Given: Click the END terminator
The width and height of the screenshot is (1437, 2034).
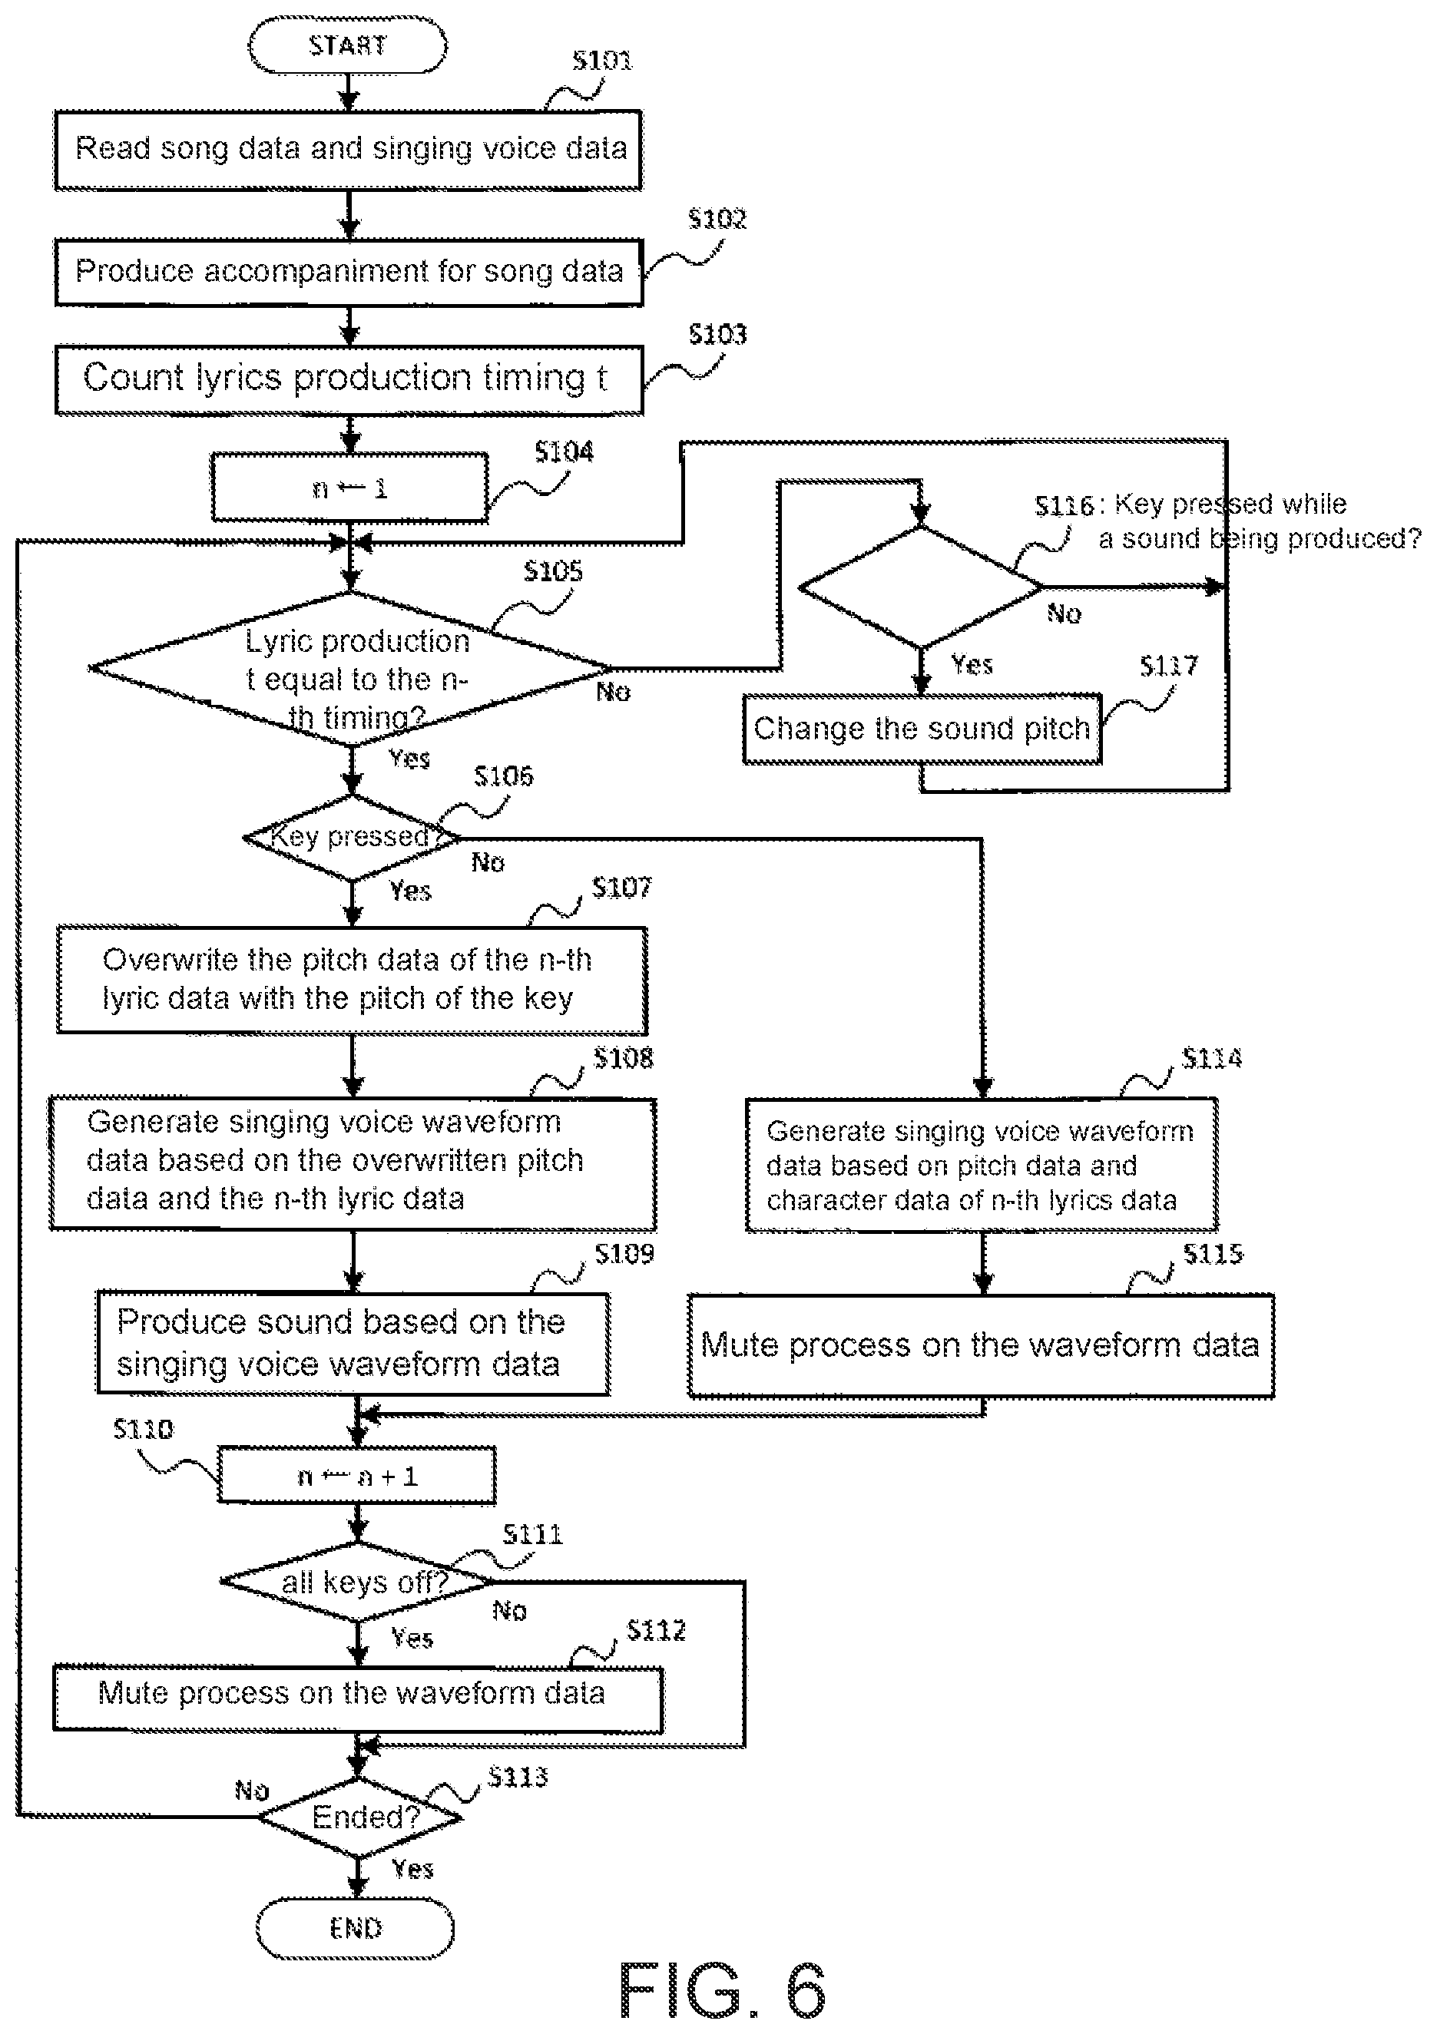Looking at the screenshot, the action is (x=356, y=1928).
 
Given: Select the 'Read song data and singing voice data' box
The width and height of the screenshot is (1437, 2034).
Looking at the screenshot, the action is (x=348, y=150).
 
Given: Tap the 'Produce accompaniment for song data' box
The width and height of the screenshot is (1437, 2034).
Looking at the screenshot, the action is (x=349, y=272).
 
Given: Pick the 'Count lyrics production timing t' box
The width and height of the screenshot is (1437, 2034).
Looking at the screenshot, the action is (x=349, y=380).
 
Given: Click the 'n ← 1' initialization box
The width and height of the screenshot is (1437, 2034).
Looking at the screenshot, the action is (x=350, y=488).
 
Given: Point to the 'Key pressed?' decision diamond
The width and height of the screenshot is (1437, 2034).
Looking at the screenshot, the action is (x=353, y=837).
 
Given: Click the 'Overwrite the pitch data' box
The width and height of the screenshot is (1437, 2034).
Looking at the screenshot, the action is (x=352, y=980).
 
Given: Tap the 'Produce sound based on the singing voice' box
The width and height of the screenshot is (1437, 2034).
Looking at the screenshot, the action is (x=353, y=1343).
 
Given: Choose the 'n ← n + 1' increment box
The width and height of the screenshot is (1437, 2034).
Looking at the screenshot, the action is (x=357, y=1476).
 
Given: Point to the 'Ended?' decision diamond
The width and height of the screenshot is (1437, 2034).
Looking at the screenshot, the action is (x=359, y=1817).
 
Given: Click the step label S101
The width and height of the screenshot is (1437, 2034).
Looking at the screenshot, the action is (x=601, y=60).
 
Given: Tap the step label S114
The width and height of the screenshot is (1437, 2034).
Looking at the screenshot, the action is (x=1211, y=1058).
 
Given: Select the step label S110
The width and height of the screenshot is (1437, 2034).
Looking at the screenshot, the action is (x=144, y=1429).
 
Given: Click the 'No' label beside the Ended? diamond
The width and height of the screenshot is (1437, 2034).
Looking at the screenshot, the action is (x=252, y=1791).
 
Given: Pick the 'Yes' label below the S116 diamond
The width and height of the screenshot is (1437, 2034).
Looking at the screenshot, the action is (x=972, y=664).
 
